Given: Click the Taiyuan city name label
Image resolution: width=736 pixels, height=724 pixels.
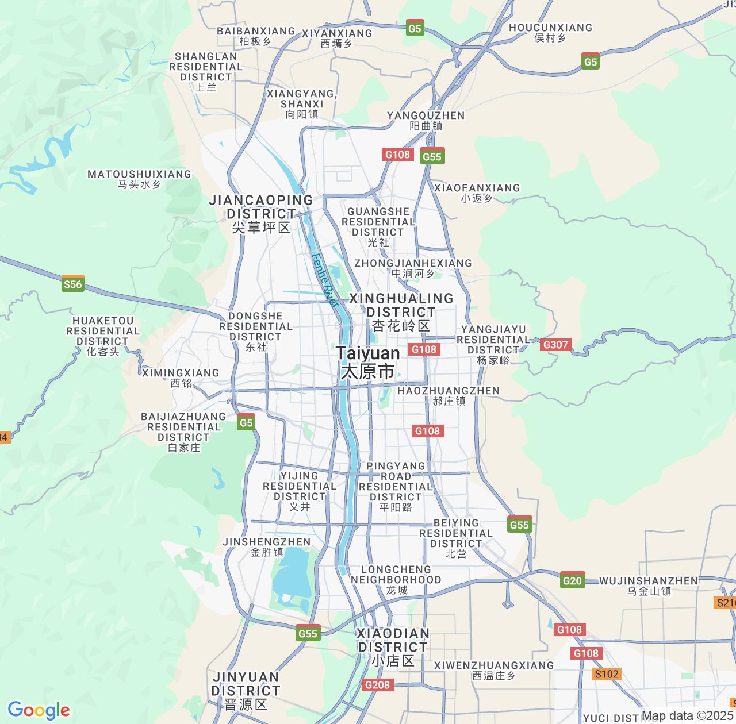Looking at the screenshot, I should pyautogui.click(x=367, y=362).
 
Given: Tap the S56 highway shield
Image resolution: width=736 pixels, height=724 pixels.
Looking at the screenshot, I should pyautogui.click(x=73, y=284).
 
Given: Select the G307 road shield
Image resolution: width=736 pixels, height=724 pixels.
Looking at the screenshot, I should pyautogui.click(x=555, y=345).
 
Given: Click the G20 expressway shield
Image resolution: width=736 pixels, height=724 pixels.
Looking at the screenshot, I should pyautogui.click(x=572, y=580).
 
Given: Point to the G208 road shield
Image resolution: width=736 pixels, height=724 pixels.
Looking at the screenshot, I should pyautogui.click(x=377, y=684).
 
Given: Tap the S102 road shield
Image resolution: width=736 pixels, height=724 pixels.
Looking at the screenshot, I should pyautogui.click(x=607, y=674).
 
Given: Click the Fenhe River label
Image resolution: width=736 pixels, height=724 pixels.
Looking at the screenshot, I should pyautogui.click(x=324, y=279).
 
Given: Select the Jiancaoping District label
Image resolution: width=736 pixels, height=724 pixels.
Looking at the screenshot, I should pyautogui.click(x=261, y=214).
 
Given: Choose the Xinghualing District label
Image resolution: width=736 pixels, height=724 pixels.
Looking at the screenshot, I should pyautogui.click(x=401, y=312).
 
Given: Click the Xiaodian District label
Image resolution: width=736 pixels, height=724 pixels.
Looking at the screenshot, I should pyautogui.click(x=393, y=647).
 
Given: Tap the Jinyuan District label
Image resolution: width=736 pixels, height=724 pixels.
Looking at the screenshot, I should pyautogui.click(x=246, y=690).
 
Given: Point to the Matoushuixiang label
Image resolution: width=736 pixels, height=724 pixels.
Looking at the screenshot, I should pyautogui.click(x=139, y=179).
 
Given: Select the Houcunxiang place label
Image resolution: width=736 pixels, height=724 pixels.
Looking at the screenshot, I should pyautogui.click(x=550, y=32).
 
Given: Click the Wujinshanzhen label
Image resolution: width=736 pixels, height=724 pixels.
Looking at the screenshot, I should pyautogui.click(x=649, y=586).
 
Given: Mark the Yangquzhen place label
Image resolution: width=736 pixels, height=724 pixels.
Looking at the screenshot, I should pyautogui.click(x=425, y=120).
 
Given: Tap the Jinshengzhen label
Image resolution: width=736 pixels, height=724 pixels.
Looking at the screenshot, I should pyautogui.click(x=267, y=546).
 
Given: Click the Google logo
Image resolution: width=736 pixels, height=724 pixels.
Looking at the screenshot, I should pyautogui.click(x=39, y=710).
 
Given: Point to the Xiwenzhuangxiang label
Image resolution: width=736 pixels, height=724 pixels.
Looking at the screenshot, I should pyautogui.click(x=494, y=670).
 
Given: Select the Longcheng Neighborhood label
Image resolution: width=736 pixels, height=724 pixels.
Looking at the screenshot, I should pyautogui.click(x=396, y=579).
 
